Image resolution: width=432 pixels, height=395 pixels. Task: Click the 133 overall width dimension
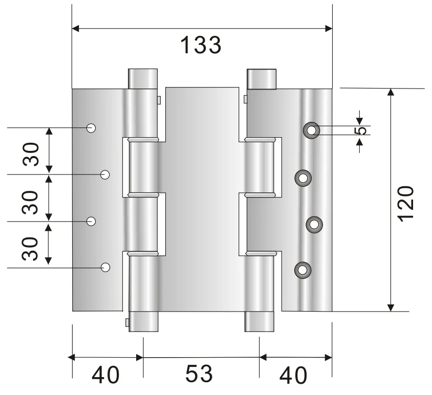[201, 46]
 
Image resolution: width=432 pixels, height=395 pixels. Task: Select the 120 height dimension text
[405, 203]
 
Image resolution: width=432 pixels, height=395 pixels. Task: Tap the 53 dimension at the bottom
[199, 374]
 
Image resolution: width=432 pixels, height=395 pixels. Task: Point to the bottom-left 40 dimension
[106, 376]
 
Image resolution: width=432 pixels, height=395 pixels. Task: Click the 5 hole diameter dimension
[361, 130]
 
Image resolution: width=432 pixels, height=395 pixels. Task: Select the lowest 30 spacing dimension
[32, 248]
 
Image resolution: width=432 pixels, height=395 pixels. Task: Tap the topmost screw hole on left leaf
[92, 128]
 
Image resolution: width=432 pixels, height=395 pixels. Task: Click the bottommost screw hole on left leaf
[105, 267]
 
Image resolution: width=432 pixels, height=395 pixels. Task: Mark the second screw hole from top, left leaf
[105, 175]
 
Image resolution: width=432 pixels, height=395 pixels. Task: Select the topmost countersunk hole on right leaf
[311, 130]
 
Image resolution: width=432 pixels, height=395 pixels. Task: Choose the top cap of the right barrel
[262, 78]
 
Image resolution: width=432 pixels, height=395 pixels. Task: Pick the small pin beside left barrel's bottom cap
[126, 321]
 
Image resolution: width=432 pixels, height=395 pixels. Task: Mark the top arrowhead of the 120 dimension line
[391, 92]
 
